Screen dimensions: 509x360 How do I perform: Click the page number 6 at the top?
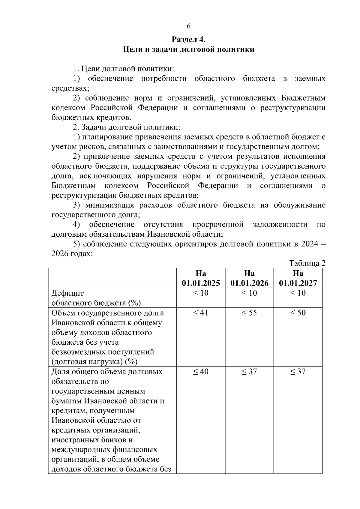(x=188, y=26)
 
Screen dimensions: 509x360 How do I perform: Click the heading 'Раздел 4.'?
(x=188, y=39)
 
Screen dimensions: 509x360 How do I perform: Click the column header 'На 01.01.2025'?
(x=201, y=278)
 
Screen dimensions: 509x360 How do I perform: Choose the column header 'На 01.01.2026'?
(x=249, y=278)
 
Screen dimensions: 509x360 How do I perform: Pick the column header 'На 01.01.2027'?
(x=298, y=278)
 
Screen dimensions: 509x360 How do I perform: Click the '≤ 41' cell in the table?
(x=201, y=313)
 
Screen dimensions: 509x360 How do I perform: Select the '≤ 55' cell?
(x=249, y=313)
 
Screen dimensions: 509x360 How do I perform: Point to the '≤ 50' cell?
(x=298, y=313)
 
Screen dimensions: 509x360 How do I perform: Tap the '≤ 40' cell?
(x=201, y=372)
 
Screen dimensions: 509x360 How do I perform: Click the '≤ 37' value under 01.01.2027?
(x=298, y=372)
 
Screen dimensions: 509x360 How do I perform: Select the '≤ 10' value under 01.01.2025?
(x=201, y=293)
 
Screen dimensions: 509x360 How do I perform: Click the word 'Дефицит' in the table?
(x=68, y=293)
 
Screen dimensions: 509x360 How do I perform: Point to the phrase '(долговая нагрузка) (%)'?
(x=94, y=362)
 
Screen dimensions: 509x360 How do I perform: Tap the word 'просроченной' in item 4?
(x=217, y=224)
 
